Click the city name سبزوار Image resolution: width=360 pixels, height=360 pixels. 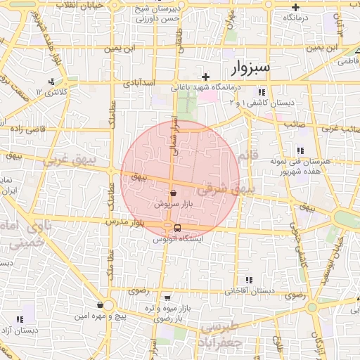[250, 67]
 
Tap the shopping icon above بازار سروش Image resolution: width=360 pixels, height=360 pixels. [173, 192]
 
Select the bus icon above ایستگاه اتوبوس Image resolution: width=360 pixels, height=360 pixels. [176, 228]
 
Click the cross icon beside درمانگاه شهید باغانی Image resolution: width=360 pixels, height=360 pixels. [205, 77]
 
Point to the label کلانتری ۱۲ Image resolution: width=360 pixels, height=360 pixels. [60, 91]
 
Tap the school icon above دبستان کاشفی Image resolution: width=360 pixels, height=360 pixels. [262, 92]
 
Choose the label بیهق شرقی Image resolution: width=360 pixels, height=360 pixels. [224, 189]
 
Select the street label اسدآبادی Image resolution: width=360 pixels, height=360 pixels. [141, 83]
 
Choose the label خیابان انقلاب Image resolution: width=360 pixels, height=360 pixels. [82, 5]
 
